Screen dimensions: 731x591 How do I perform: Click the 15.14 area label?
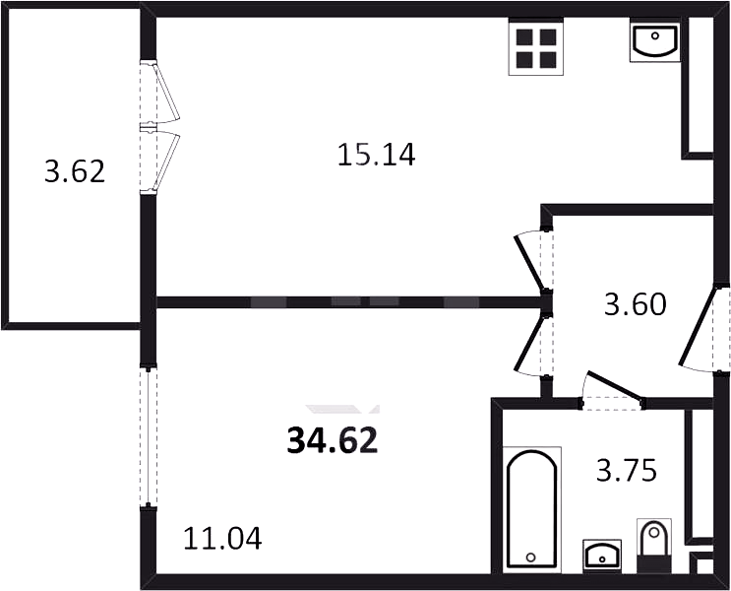(x=376, y=155)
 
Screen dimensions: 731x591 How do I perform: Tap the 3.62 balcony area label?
(x=75, y=171)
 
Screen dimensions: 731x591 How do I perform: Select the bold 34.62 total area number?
(x=332, y=441)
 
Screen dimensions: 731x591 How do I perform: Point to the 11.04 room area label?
(x=222, y=538)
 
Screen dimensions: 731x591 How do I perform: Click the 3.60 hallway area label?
(x=635, y=304)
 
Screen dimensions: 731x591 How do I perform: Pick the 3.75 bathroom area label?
(x=627, y=470)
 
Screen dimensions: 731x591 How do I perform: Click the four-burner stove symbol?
(x=535, y=46)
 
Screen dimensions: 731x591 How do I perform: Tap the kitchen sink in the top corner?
(x=654, y=41)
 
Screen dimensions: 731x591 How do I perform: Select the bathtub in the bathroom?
(x=532, y=509)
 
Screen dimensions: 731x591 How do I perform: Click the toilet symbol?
(x=654, y=546)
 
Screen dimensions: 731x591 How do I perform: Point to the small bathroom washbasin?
(x=602, y=556)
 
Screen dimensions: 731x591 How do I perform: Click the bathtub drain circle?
(x=530, y=557)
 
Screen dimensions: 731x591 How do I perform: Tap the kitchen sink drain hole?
(x=655, y=35)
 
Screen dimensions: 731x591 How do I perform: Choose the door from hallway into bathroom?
(x=612, y=391)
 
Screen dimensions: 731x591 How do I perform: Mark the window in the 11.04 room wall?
(x=149, y=437)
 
